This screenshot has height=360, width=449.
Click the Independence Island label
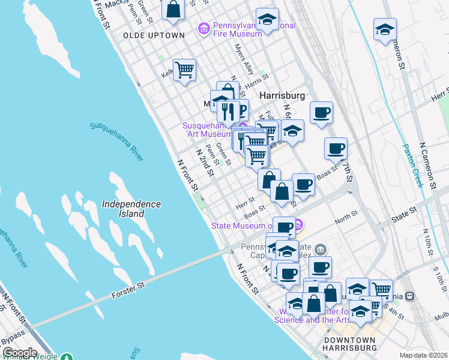[x=131, y=209]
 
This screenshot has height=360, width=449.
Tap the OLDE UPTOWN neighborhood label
[x=154, y=35]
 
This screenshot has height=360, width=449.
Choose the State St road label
[x=404, y=211]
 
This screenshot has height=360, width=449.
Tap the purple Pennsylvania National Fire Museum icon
[x=204, y=28]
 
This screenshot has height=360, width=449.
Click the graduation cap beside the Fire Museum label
[x=267, y=20]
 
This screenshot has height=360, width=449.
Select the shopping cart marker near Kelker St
[x=184, y=70]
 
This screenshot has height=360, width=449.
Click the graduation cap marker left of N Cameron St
[x=385, y=29]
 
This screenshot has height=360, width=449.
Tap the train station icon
[x=411, y=296]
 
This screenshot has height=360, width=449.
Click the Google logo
[x=19, y=353]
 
